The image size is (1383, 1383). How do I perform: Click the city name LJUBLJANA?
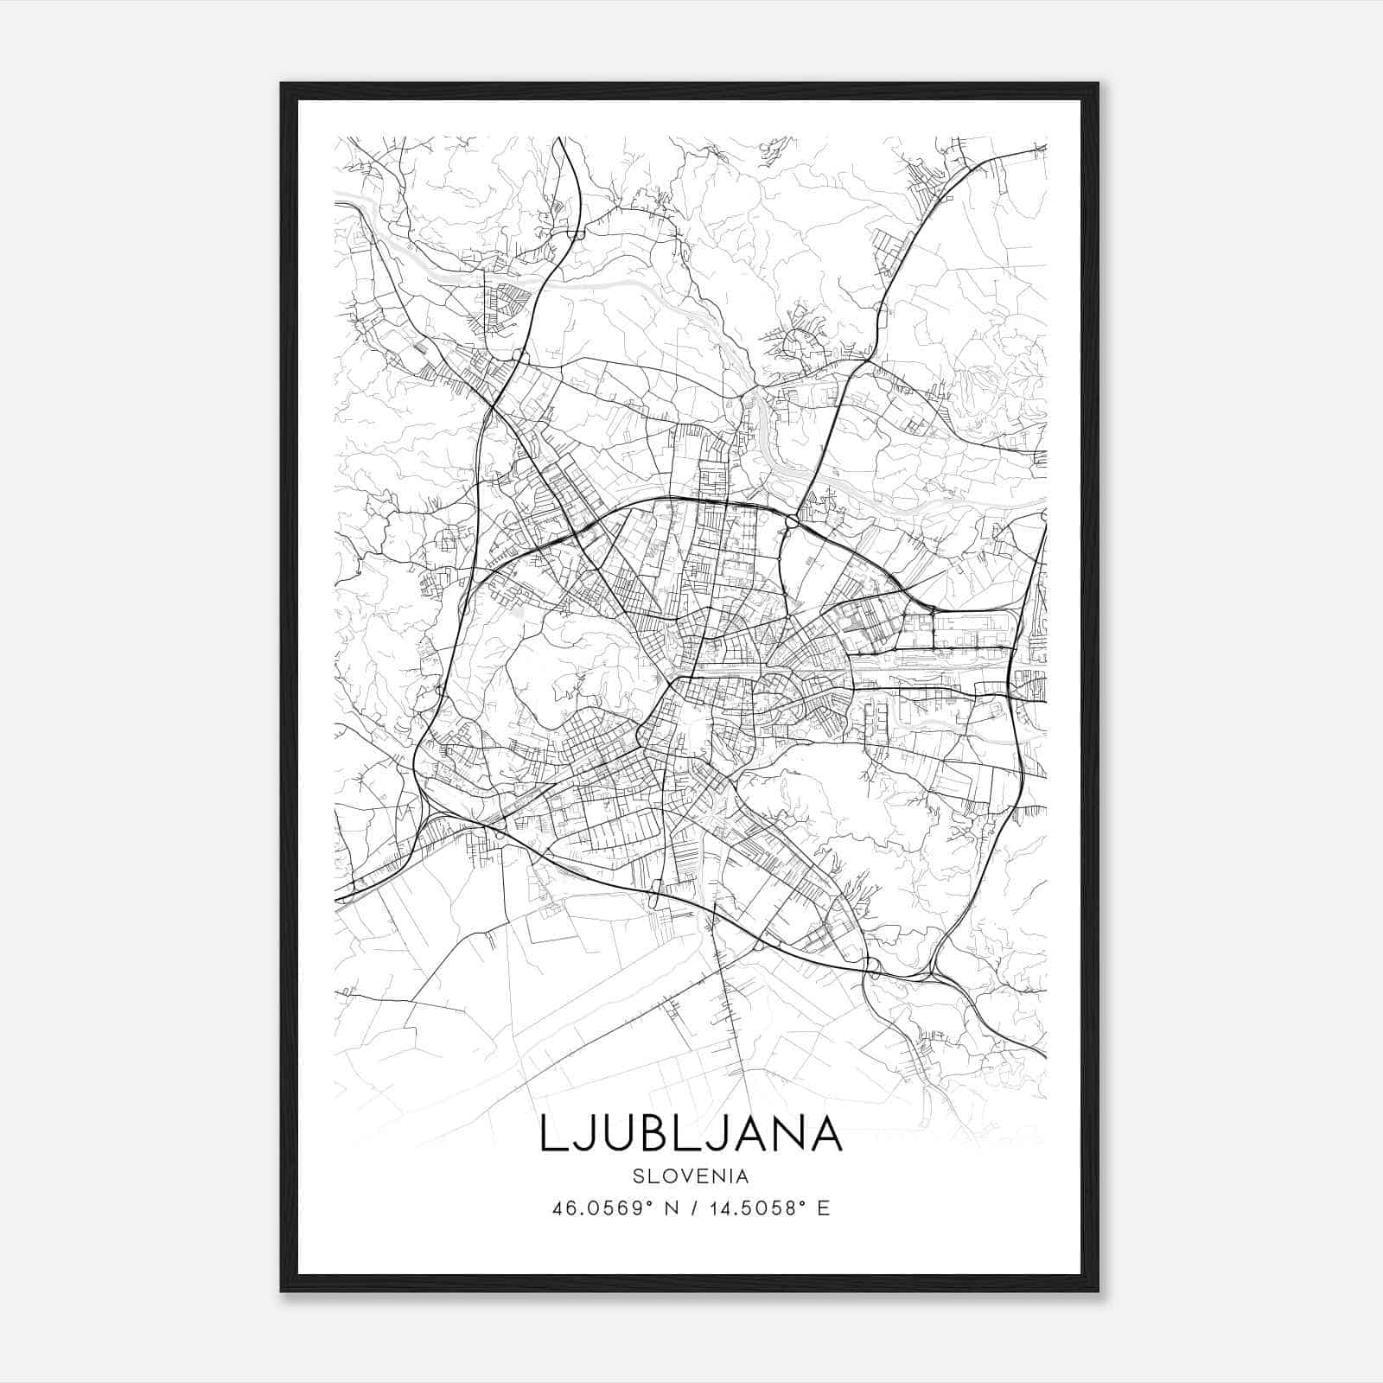click(x=691, y=1133)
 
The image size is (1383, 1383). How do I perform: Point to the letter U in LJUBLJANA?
click(x=610, y=1133)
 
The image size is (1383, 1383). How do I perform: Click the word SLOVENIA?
click(x=690, y=1176)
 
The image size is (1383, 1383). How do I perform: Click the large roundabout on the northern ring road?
click(x=793, y=521)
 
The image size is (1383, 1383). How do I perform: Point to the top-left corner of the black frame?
click(x=282, y=84)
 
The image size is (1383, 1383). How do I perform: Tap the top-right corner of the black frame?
click(x=1098, y=84)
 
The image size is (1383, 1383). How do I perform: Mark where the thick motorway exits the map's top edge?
click(x=561, y=138)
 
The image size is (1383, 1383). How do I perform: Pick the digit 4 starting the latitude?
click(x=558, y=1208)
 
